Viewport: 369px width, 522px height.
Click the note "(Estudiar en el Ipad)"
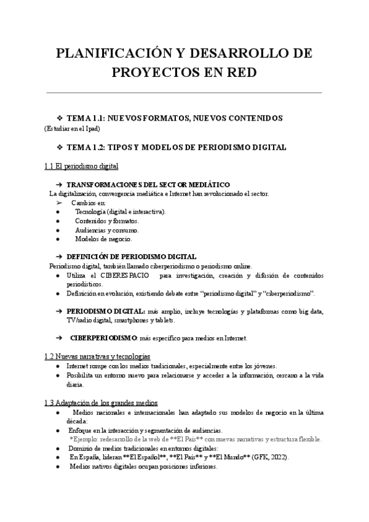pyautogui.click(x=72, y=129)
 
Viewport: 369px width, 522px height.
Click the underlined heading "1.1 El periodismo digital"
pyautogui.click(x=81, y=166)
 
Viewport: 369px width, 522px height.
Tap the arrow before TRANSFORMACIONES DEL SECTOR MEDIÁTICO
pyautogui.click(x=59, y=185)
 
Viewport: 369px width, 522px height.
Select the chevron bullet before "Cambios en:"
pyautogui.click(x=59, y=203)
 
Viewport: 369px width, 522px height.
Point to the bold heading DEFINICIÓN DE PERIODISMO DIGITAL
pyautogui.click(x=132, y=257)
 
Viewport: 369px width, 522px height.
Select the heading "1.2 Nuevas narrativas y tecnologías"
pyautogui.click(x=97, y=356)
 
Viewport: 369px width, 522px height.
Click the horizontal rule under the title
pyautogui.click(x=184, y=92)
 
